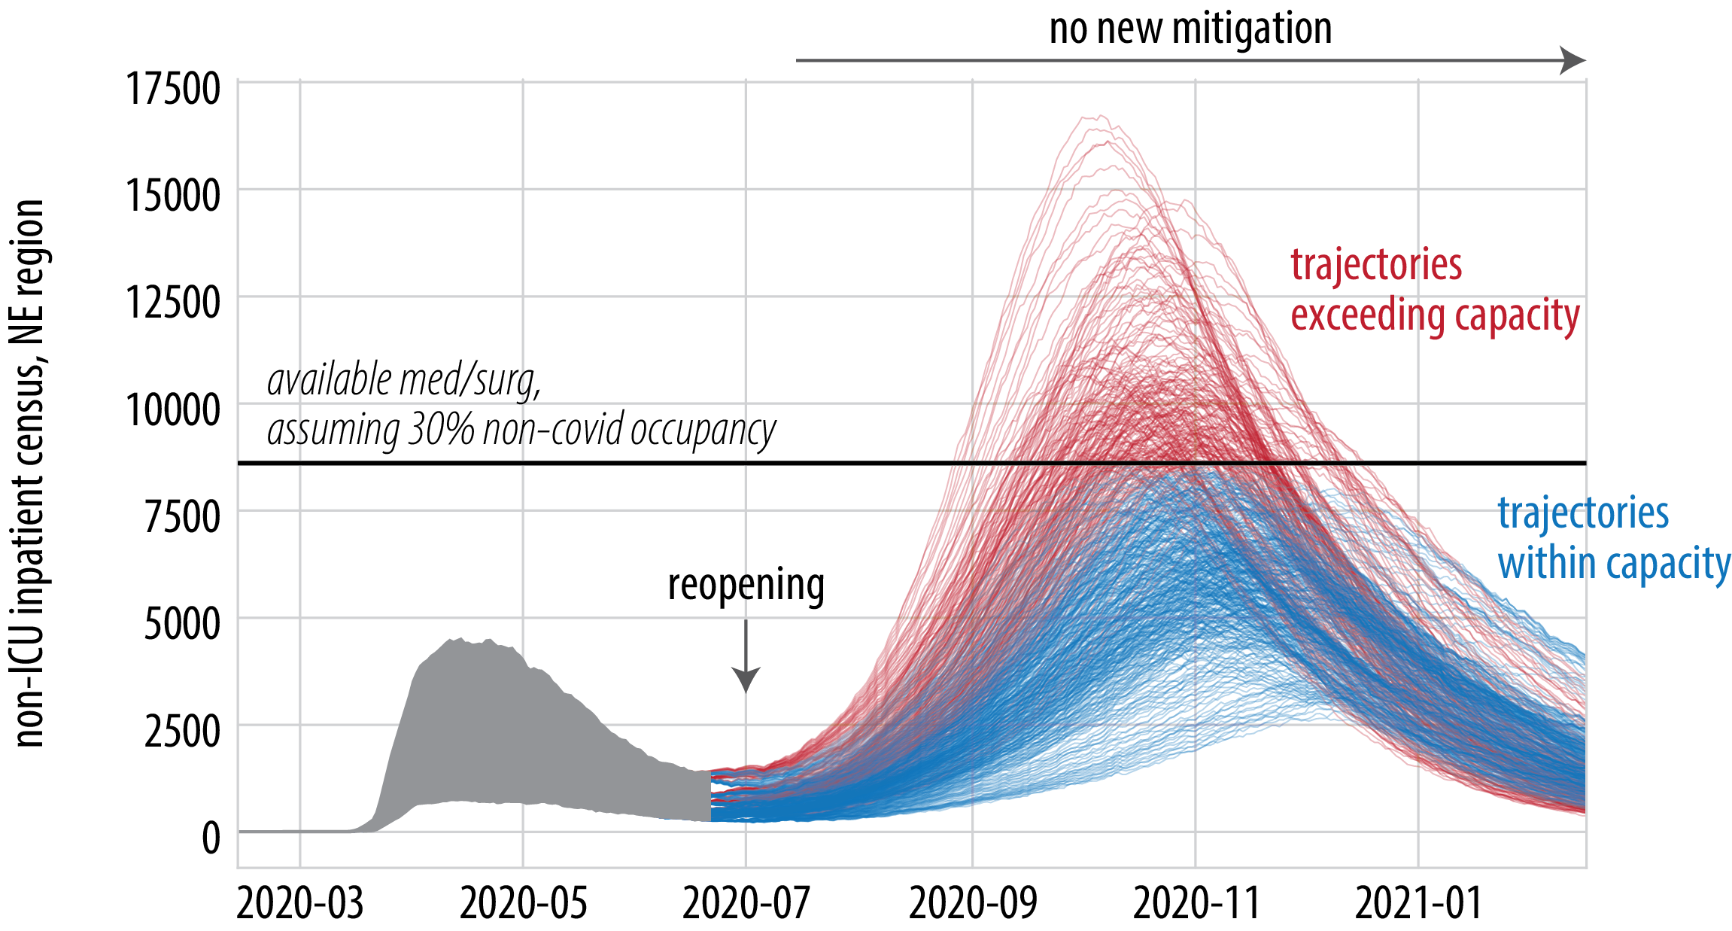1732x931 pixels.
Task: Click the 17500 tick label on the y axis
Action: pyautogui.click(x=172, y=89)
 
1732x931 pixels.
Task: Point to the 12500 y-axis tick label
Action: pyautogui.click(x=172, y=303)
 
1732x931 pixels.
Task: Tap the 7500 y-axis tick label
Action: pyautogui.click(x=182, y=518)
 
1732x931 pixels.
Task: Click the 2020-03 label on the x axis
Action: pyautogui.click(x=299, y=903)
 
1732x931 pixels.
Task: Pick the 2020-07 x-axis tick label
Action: pyautogui.click(x=746, y=903)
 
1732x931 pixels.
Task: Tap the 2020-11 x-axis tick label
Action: pyautogui.click(x=1196, y=903)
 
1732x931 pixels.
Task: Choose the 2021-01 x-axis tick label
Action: pyautogui.click(x=1418, y=903)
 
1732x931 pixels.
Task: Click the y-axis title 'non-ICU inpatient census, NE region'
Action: pyautogui.click(x=30, y=474)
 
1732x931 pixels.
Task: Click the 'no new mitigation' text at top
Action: pyautogui.click(x=1190, y=29)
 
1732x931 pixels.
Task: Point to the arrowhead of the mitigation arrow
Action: pyautogui.click(x=1574, y=60)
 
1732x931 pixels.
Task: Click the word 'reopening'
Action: pyautogui.click(x=746, y=586)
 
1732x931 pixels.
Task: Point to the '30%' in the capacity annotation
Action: pyautogui.click(x=440, y=431)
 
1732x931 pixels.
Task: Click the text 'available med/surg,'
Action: pyautogui.click(x=404, y=380)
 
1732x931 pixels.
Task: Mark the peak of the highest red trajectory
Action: pyautogui.click(x=1100, y=116)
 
